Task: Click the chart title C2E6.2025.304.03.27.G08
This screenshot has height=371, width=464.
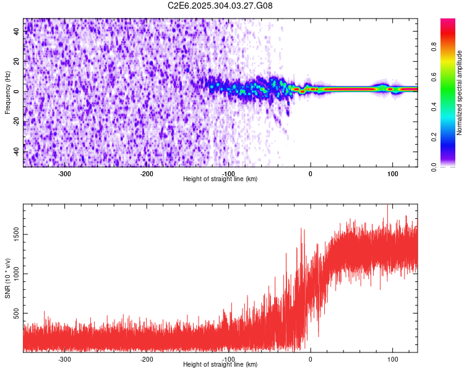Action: pyautogui.click(x=221, y=6)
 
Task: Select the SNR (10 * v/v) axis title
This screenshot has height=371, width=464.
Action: pyautogui.click(x=7, y=278)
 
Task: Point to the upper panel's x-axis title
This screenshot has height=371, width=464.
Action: pyautogui.click(x=221, y=179)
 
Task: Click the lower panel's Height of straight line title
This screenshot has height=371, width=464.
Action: pyautogui.click(x=221, y=364)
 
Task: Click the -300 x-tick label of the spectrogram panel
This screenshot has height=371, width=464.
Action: pyautogui.click(x=64, y=174)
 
